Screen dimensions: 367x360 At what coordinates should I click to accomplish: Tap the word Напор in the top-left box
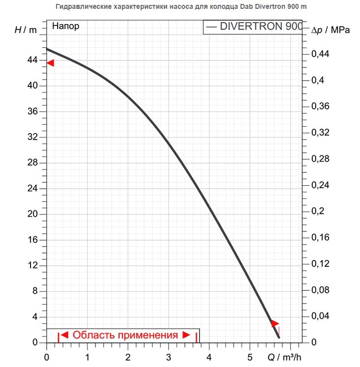pyautogui.click(x=65, y=27)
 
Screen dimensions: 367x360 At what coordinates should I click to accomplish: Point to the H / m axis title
pyautogui.click(x=26, y=29)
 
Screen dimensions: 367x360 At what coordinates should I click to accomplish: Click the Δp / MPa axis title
pyautogui.click(x=330, y=30)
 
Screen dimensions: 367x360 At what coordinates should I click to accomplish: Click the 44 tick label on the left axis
pyautogui.click(x=31, y=60)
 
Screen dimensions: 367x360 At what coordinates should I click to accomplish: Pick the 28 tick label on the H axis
pyautogui.click(x=31, y=163)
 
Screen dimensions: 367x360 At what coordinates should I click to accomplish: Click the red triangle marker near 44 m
pyautogui.click(x=50, y=63)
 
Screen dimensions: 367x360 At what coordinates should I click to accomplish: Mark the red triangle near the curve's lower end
pyautogui.click(x=274, y=323)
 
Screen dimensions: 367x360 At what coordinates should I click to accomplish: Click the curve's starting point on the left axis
pyautogui.click(x=47, y=49)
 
